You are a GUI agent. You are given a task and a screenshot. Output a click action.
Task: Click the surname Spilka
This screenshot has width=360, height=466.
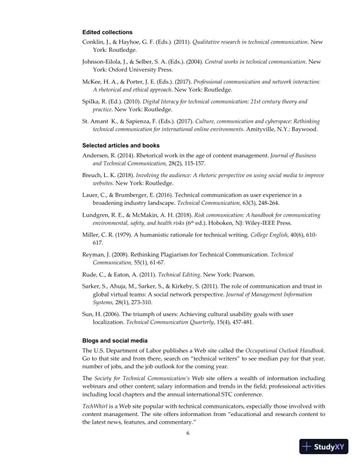coord(92,102)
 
